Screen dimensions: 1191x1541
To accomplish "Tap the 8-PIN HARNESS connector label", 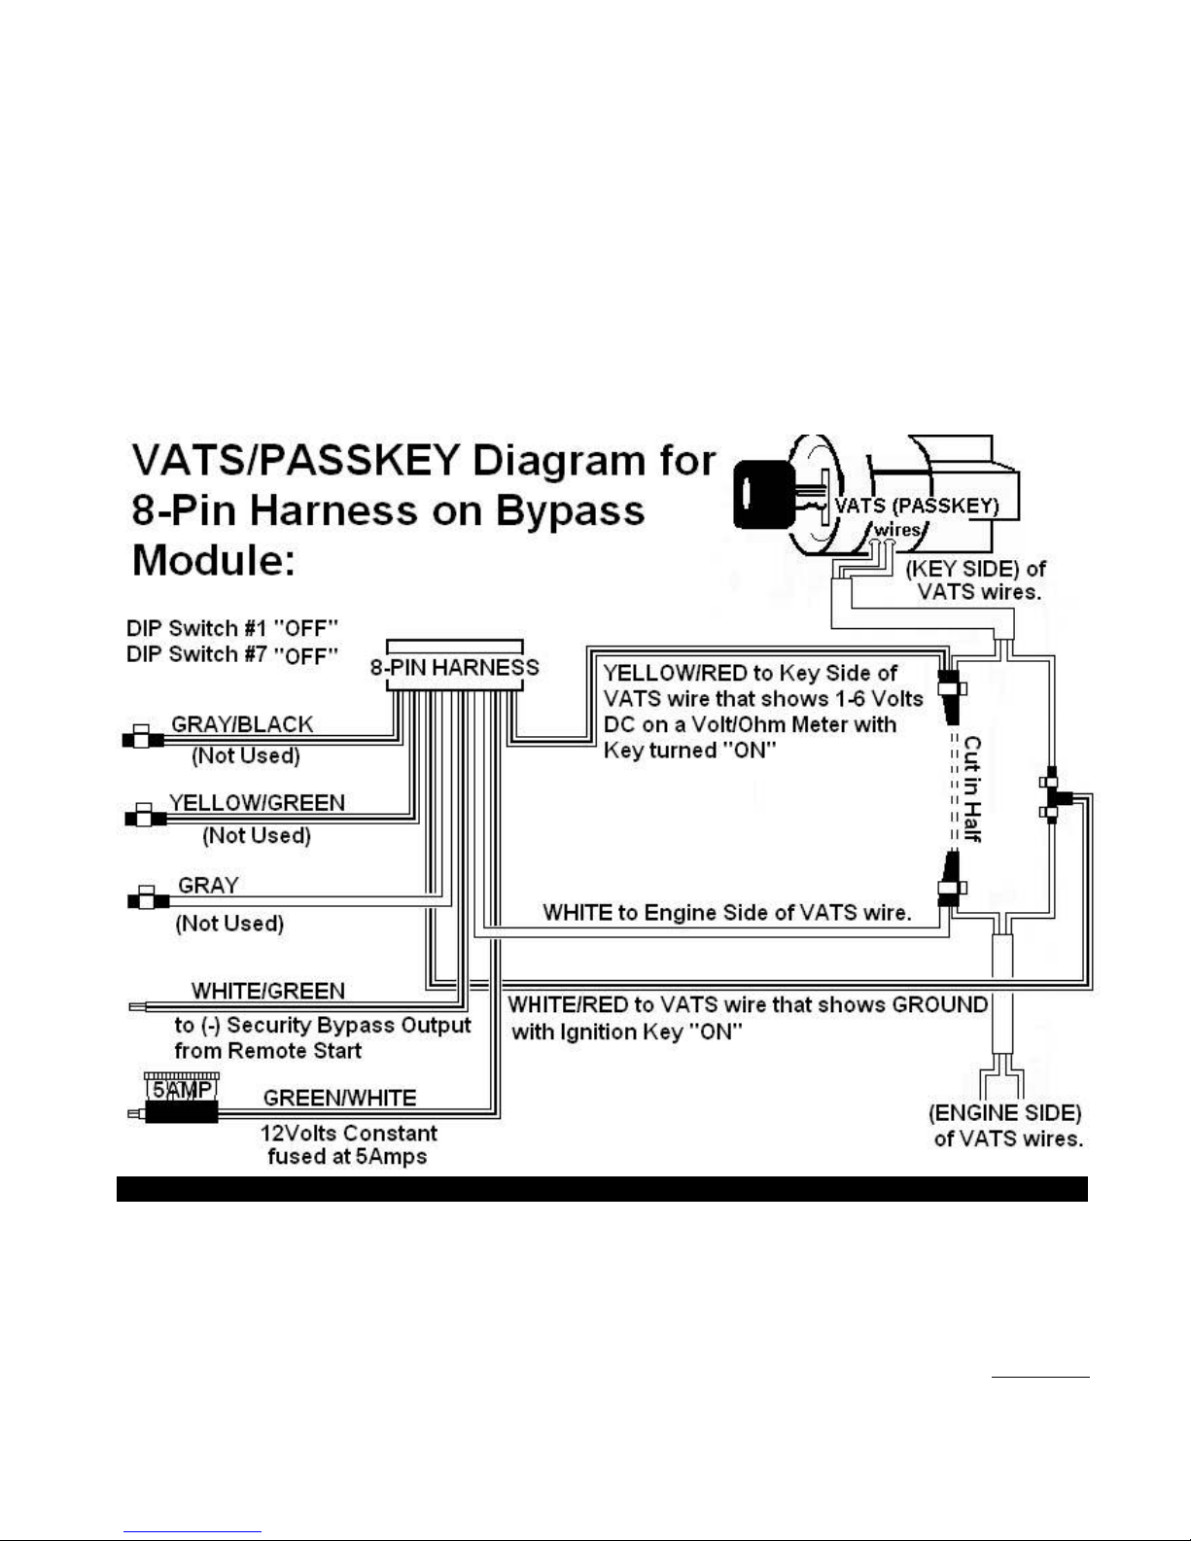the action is pos(454,667).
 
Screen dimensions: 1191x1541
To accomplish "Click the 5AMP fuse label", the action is pos(182,1089).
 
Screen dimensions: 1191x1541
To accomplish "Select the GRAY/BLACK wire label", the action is pos(242,724).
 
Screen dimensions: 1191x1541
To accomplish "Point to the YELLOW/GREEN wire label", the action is pos(258,802).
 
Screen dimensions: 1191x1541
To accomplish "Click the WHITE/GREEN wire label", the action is pos(268,990).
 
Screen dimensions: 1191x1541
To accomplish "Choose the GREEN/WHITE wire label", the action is pos(339,1097).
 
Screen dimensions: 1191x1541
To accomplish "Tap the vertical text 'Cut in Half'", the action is pos(972,788).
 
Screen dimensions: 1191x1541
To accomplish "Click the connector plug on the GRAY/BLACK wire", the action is pos(143,737).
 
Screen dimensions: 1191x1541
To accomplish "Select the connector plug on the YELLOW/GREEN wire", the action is pos(145,816).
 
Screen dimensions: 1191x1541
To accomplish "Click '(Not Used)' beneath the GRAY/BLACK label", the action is pos(246,755).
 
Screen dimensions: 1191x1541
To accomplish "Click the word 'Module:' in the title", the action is pos(213,561).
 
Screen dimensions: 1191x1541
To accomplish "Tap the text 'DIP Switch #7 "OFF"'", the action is pos(231,654).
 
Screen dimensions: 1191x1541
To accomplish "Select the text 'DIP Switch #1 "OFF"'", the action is pos(231,628).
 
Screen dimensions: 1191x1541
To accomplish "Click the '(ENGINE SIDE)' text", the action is pos(1005,1112).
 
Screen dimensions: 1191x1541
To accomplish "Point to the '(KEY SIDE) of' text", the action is pos(975,568).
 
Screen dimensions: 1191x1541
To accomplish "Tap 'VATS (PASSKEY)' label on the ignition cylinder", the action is pos(917,506).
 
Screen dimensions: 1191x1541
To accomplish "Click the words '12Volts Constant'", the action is pos(349,1133).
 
